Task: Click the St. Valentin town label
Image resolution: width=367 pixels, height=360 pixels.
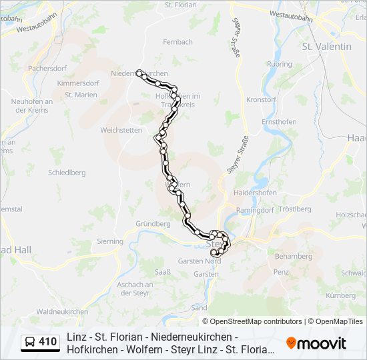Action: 326,47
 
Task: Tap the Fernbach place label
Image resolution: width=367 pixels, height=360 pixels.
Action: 178,41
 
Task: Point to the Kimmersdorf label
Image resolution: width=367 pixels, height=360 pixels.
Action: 77,84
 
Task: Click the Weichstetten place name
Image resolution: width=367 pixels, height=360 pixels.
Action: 121,129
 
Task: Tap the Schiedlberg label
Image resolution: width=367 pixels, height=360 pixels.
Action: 67,172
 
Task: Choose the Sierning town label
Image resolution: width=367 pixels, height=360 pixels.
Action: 110,241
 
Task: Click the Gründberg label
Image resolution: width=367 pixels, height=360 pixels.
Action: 153,224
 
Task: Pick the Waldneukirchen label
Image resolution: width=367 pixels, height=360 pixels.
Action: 62,311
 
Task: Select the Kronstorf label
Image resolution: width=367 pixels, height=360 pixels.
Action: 261,99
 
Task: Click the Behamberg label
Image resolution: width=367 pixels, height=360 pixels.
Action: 293,256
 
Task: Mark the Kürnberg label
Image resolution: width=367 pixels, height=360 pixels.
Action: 340,295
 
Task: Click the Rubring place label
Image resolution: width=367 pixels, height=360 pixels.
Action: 280,64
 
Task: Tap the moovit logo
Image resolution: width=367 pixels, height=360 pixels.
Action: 316,343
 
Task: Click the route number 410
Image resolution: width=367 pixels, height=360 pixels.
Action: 47,342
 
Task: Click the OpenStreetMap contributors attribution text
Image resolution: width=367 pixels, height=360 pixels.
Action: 256,321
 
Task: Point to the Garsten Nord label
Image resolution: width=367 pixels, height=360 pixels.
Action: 199,261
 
